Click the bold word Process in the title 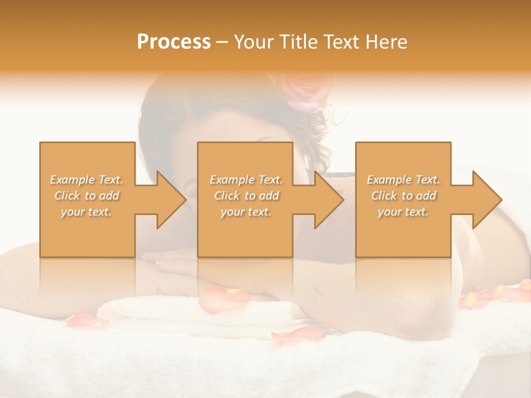pos(174,42)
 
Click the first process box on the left pos(87,232)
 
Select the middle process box pos(245,232)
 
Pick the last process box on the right pos(403,232)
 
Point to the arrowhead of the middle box pos(329,200)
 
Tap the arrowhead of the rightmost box pos(487,200)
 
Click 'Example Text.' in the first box pos(87,180)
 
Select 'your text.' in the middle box pos(246,212)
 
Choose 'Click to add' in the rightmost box pos(403,196)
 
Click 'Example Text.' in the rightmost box pos(403,180)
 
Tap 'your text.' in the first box pos(86,212)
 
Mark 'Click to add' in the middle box pos(246,196)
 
